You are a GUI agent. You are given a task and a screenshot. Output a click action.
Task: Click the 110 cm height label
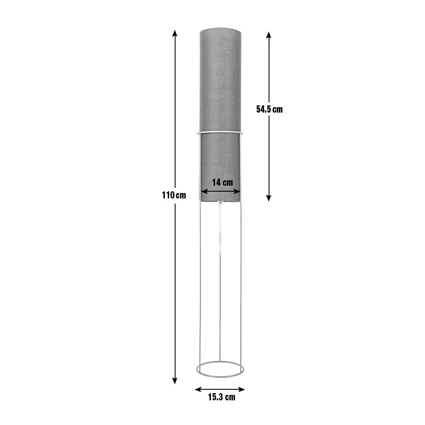(x=174, y=195)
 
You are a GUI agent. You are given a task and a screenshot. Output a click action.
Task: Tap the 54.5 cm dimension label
(x=269, y=109)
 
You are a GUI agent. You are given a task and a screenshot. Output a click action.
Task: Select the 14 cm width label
(x=222, y=182)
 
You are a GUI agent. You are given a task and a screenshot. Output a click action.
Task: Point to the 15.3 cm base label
(x=222, y=397)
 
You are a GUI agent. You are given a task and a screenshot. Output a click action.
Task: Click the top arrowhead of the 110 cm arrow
(x=175, y=33)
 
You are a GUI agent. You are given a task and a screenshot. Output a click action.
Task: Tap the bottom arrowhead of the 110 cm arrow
(x=175, y=380)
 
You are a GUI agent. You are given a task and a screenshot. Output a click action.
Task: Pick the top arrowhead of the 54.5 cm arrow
(x=269, y=35)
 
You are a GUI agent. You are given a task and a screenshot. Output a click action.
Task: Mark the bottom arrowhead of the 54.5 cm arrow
(x=269, y=198)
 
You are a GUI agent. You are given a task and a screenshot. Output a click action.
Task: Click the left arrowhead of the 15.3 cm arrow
(x=198, y=389)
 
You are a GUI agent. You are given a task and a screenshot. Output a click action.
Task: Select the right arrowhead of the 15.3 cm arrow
(x=241, y=389)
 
